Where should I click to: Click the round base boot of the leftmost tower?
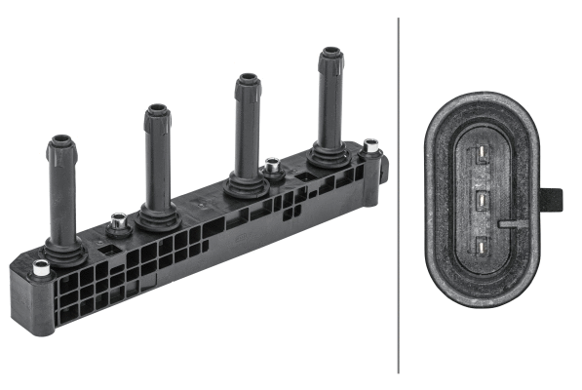(64, 251)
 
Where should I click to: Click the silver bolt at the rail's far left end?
(41, 267)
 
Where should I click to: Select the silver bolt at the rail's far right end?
(370, 149)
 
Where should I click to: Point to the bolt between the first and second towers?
(117, 223)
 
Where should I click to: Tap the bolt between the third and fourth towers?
(272, 167)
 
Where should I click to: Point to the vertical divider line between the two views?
(399, 195)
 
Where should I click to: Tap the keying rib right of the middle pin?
(509, 223)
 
